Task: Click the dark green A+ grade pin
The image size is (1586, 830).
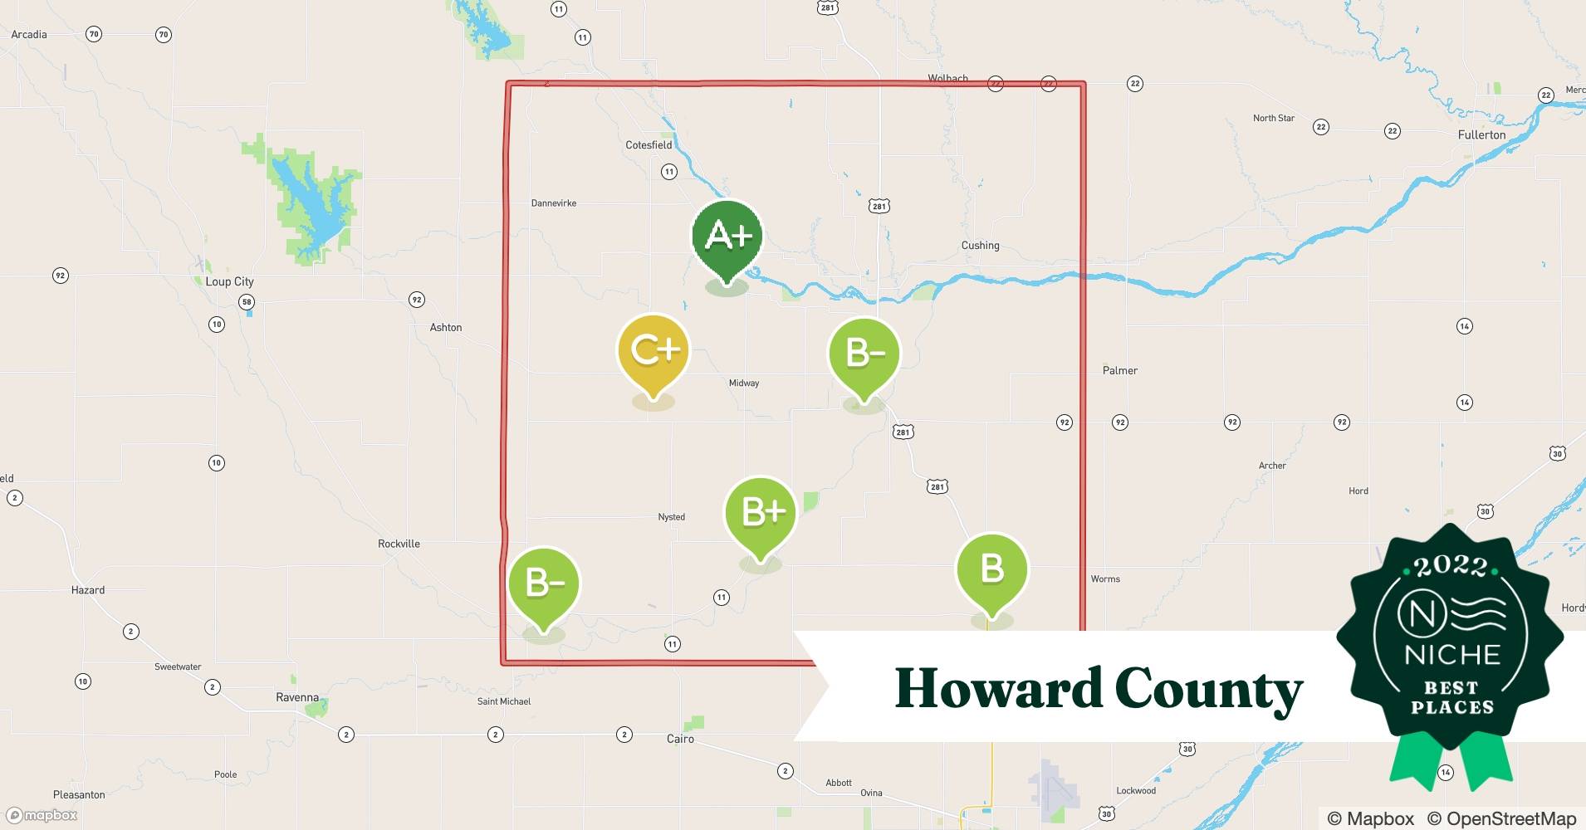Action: coord(727,237)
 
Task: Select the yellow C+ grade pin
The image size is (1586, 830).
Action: coord(654,350)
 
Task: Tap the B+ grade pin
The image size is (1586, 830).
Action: coord(761,512)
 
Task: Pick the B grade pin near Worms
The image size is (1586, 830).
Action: coord(992,569)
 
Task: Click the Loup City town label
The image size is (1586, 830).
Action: coord(229,281)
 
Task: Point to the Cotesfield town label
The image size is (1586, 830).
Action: coord(649,145)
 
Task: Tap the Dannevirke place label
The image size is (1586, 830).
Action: coord(554,203)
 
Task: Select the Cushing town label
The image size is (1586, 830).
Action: coord(980,246)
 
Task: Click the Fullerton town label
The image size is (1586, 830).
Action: coord(1481,134)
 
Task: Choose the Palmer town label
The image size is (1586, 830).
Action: coord(1119,371)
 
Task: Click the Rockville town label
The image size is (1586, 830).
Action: coord(399,544)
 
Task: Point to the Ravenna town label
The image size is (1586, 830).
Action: coord(297,698)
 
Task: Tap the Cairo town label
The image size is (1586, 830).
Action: coord(680,739)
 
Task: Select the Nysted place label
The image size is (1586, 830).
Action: coord(671,517)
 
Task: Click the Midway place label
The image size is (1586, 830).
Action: coord(743,383)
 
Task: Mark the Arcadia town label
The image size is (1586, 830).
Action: coord(29,35)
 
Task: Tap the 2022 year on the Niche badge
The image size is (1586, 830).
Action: coord(1451,567)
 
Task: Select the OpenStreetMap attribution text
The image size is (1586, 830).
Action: coord(1500,818)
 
